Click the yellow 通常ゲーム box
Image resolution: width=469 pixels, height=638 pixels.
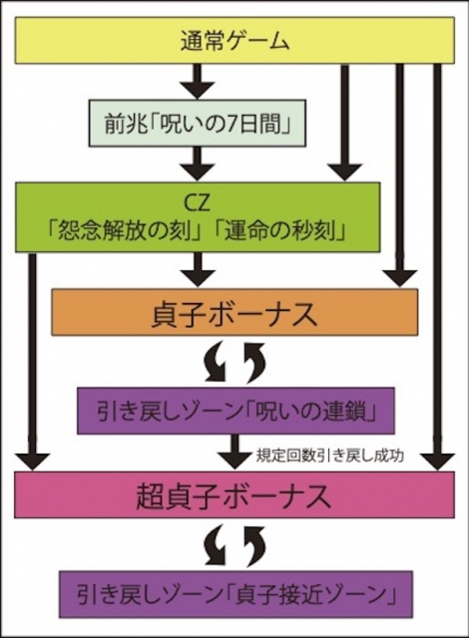coord(234,40)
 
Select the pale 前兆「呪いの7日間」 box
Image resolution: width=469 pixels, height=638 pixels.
coord(197,123)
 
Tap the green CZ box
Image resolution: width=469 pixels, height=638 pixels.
coord(198,217)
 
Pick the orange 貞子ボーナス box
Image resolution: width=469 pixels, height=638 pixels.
coord(234,312)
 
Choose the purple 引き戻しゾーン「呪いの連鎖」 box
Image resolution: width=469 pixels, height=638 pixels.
coord(235,411)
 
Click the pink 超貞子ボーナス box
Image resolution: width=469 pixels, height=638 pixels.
coord(234,494)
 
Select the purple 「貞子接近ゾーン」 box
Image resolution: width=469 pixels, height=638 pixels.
coord(236,594)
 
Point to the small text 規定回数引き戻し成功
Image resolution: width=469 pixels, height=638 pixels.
coord(330,457)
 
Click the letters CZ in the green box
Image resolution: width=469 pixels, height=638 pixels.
coord(198,203)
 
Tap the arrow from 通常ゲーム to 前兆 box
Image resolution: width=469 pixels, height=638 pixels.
coord(198,82)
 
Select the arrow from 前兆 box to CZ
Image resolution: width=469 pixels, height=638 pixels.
coord(198,163)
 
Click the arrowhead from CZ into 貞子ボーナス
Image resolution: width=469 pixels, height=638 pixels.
coord(198,277)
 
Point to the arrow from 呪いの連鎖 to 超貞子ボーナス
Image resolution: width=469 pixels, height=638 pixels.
coord(234,453)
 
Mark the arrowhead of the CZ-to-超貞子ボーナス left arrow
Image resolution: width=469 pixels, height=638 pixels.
coord(33,461)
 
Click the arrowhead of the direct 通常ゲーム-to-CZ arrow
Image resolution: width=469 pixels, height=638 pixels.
coord(345,172)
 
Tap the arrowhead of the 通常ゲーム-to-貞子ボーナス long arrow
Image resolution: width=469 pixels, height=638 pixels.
coord(400,279)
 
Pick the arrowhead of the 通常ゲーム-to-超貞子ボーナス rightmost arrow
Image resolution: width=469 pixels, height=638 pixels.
coord(438,461)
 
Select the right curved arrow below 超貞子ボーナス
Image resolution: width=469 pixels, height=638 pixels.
coord(253,544)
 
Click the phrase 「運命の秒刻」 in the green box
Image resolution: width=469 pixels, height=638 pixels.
coord(281,232)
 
